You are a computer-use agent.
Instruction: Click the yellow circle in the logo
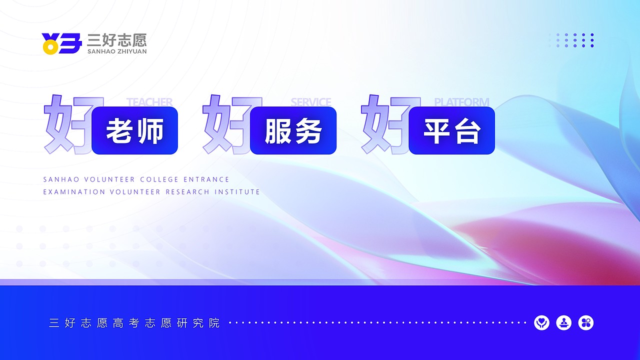coord(49,47)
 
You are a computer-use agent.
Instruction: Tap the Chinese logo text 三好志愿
coord(116,40)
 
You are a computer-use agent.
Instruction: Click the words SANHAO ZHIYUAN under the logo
coord(116,51)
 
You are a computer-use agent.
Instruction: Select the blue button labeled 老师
coord(135,130)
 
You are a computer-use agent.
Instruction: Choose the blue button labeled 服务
coord(293,130)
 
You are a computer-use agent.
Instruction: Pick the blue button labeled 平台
coord(452,130)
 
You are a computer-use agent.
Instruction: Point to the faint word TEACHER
coord(149,102)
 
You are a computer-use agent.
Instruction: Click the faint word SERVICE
coord(311,102)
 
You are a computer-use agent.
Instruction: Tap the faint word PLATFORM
coord(461,102)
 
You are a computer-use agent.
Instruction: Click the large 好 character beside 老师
coord(67,125)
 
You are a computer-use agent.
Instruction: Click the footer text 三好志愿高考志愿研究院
coord(134,323)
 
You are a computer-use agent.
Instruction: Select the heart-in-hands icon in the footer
coord(541,323)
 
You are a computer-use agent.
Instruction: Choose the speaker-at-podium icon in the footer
coord(564,323)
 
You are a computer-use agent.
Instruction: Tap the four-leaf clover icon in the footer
coord(586,323)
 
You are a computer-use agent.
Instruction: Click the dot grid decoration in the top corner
coord(571,40)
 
